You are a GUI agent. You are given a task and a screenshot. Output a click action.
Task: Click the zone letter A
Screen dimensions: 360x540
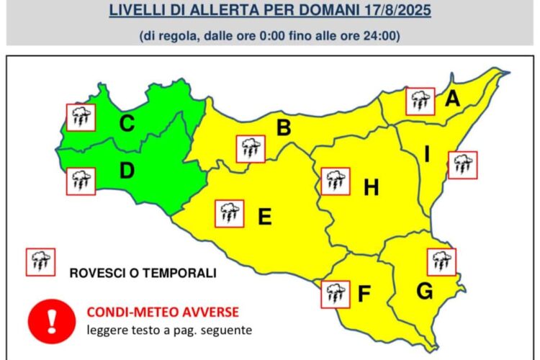coord(451,99)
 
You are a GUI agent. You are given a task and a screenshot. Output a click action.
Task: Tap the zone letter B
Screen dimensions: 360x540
coord(284,129)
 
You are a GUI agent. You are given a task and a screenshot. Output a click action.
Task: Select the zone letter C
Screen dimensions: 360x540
coord(127,124)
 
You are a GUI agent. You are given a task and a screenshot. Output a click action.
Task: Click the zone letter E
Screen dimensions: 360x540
coord(264,217)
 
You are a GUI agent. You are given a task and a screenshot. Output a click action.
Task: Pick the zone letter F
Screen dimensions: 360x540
coord(364,294)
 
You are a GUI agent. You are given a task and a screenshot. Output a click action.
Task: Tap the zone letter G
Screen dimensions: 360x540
coord(424,292)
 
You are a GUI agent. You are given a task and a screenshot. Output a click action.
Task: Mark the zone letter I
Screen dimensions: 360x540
coord(426,153)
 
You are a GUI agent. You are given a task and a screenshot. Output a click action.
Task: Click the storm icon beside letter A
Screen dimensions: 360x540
coord(420,102)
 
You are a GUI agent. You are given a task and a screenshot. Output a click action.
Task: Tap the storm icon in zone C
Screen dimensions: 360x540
coord(81,117)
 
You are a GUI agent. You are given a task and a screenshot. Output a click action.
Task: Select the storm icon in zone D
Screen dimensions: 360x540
coord(81,181)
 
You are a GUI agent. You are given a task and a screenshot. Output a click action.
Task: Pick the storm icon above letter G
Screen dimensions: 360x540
coord(441,261)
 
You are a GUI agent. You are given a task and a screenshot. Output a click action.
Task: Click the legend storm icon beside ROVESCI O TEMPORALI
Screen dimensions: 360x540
coord(40,262)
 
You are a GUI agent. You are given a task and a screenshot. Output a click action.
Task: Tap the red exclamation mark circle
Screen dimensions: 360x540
coord(51,318)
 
